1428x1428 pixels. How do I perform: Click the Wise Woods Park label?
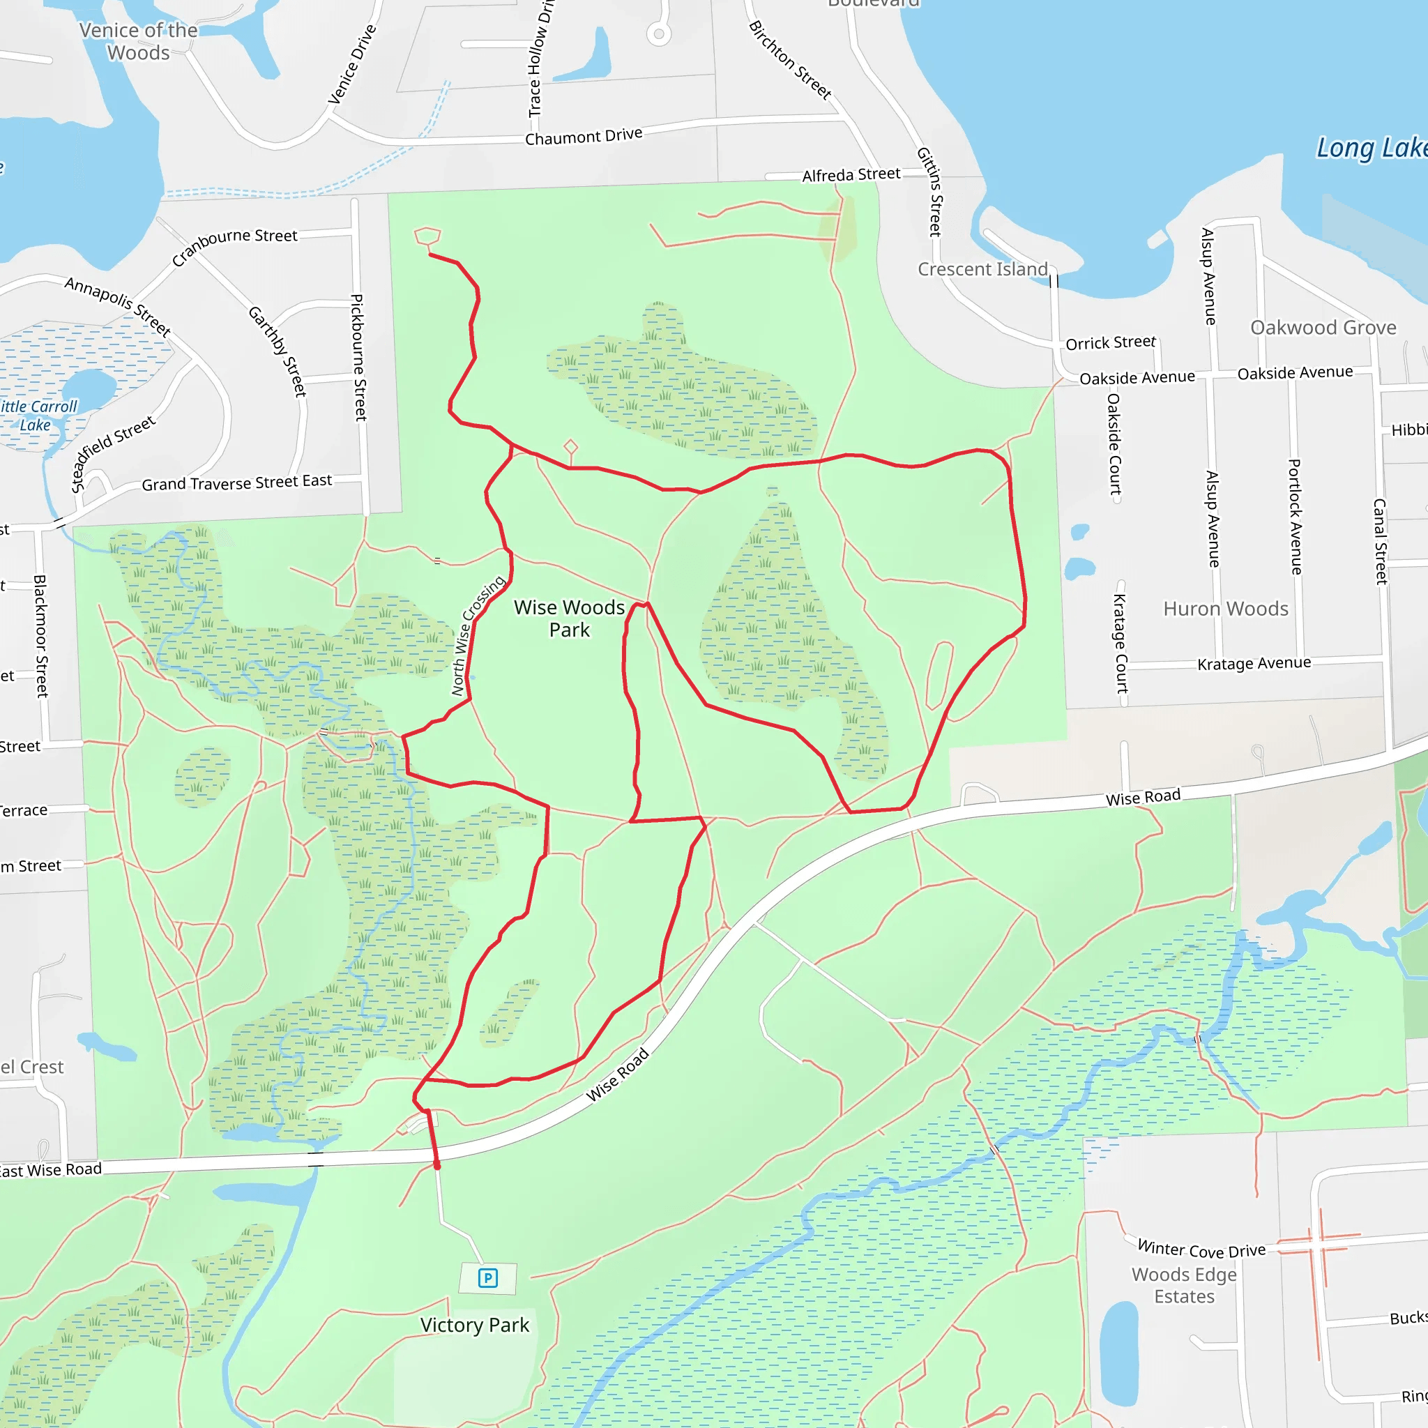click(x=569, y=618)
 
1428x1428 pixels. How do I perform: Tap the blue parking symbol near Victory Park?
click(x=488, y=1278)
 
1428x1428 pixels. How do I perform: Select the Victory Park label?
click(x=475, y=1326)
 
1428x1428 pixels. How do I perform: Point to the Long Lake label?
click(x=1371, y=148)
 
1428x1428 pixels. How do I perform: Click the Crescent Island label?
click(x=982, y=269)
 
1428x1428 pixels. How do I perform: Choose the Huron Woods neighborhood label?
click(x=1226, y=609)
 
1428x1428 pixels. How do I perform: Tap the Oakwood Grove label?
click(x=1323, y=328)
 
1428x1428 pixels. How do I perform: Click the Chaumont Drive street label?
click(x=583, y=137)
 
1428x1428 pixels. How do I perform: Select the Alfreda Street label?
click(x=851, y=175)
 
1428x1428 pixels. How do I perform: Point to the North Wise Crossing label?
click(x=478, y=636)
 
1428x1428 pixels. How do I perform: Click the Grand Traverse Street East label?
click(x=236, y=483)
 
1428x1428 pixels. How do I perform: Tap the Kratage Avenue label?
click(x=1254, y=664)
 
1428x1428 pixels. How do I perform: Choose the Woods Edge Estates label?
click(x=1184, y=1285)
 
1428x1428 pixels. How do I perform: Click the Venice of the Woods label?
click(x=138, y=41)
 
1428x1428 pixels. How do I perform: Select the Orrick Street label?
click(x=1110, y=343)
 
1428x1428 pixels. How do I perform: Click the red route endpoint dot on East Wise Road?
click(x=436, y=1166)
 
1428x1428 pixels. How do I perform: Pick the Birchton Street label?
click(x=789, y=60)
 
